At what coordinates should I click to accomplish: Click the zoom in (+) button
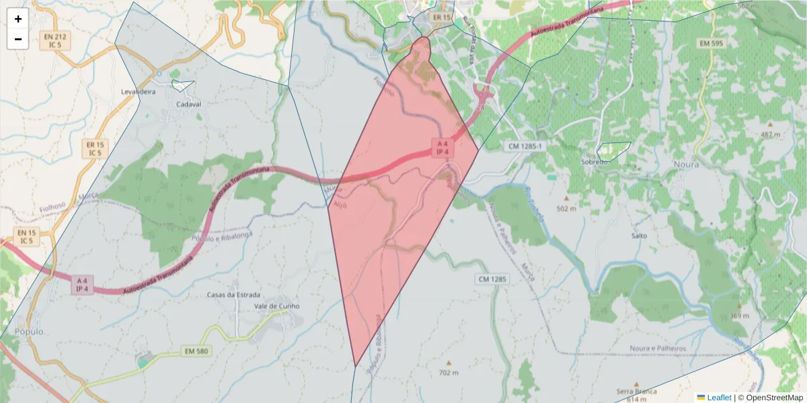click(x=18, y=19)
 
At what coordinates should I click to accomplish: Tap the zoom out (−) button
click(x=18, y=39)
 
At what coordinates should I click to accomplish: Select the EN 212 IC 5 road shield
click(x=54, y=40)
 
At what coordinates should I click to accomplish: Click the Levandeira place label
click(x=138, y=91)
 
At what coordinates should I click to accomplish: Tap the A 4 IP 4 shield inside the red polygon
click(x=443, y=148)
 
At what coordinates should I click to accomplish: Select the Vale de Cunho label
click(x=276, y=306)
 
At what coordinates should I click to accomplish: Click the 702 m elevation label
click(x=448, y=373)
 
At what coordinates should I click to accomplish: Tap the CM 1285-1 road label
click(x=525, y=146)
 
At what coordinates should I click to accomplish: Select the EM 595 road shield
click(x=710, y=44)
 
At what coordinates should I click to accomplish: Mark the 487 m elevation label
click(x=770, y=134)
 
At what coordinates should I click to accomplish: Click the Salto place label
click(x=639, y=236)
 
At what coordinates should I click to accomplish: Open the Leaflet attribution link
click(x=718, y=398)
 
